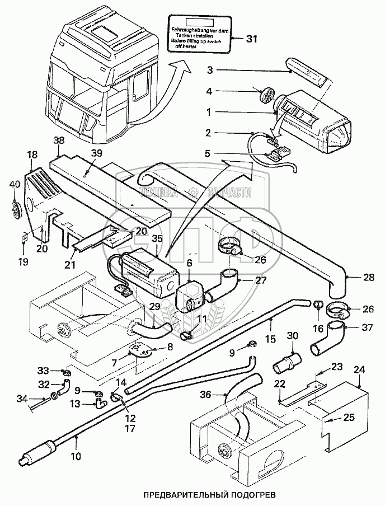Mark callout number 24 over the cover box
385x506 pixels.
[359, 369]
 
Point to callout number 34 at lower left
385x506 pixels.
[22, 398]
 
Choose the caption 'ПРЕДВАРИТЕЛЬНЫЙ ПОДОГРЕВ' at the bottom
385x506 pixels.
[210, 494]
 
